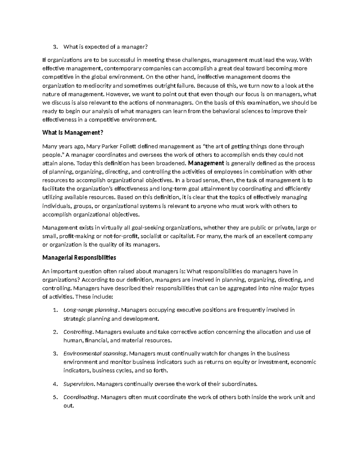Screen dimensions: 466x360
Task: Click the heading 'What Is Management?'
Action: coord(70,133)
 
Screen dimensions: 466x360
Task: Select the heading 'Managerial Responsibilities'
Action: coord(79,258)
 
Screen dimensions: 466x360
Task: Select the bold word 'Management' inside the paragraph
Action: coord(205,164)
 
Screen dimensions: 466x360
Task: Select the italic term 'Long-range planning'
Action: coord(91,310)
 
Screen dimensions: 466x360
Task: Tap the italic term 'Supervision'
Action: coord(79,384)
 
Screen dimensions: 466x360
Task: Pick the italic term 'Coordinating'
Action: coord(80,397)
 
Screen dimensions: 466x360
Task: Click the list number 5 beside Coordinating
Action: coord(54,398)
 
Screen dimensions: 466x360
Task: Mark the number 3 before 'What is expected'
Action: coord(54,47)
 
